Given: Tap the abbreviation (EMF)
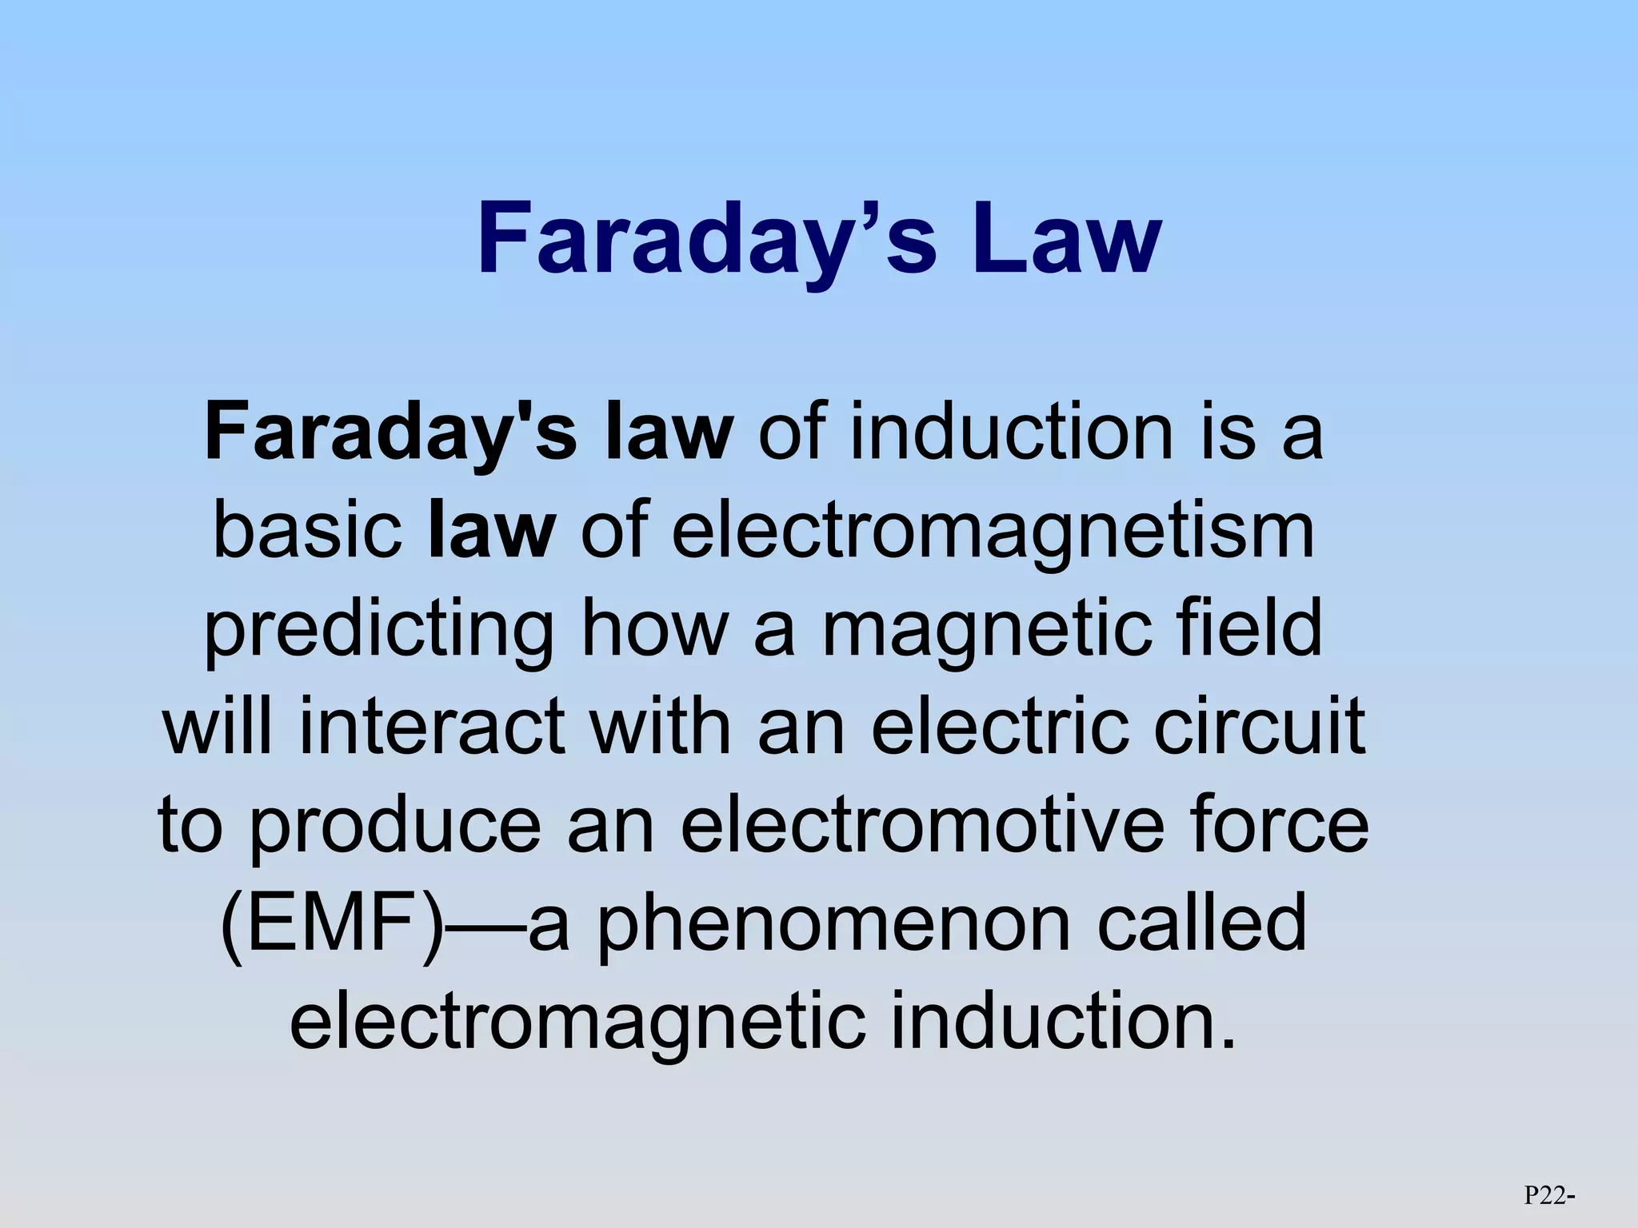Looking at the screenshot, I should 332,925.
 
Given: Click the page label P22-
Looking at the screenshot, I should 1549,1195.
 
